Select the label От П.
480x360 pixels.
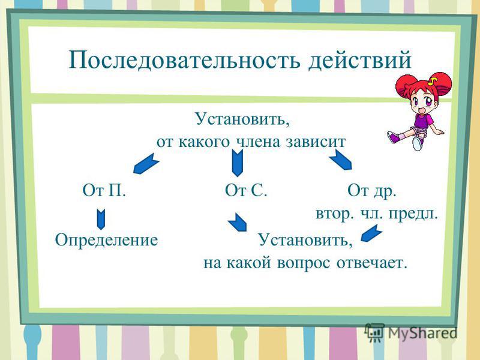104,190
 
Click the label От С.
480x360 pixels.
246,190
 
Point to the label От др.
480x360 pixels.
372,191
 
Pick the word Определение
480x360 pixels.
107,239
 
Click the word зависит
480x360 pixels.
316,142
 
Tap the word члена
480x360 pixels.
258,142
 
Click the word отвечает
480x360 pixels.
372,263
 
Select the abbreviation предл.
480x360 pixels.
413,214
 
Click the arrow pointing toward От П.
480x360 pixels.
146,164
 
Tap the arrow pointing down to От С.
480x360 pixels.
237,163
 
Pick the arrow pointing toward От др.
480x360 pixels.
341,160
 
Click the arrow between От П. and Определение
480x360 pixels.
101,220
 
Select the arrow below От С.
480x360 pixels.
237,222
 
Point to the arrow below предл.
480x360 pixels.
371,233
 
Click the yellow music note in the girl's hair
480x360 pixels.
433,81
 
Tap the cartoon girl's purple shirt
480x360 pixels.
424,121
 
